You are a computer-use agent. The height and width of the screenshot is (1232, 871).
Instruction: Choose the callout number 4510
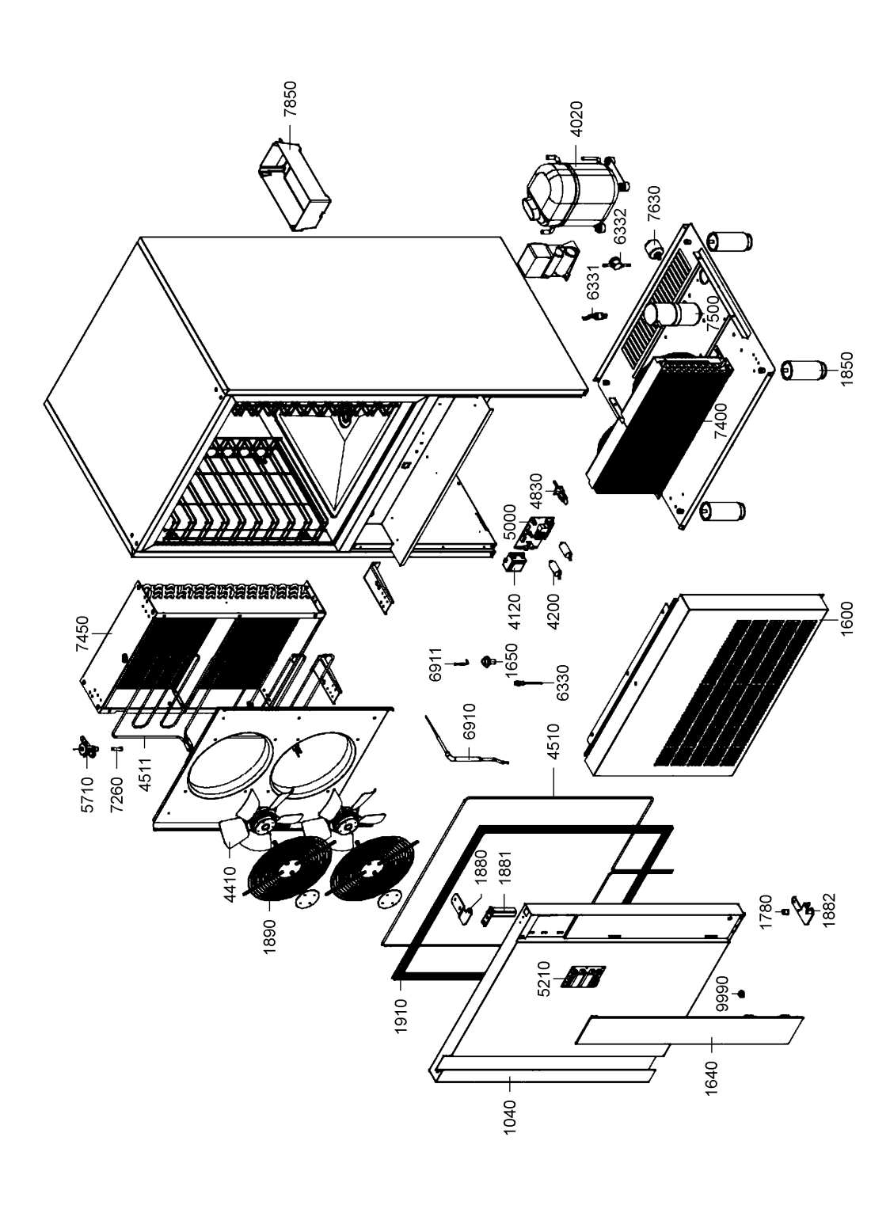(x=553, y=742)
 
